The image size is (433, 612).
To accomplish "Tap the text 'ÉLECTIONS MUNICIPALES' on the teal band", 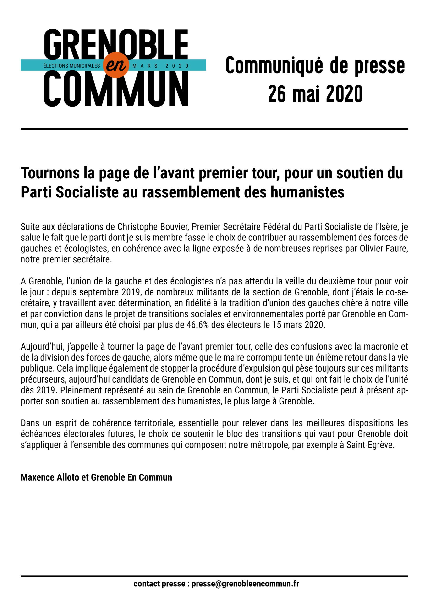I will [x=71, y=66].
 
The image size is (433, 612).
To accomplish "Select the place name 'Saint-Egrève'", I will [x=370, y=445].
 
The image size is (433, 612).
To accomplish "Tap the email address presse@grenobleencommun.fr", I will [x=245, y=584].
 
